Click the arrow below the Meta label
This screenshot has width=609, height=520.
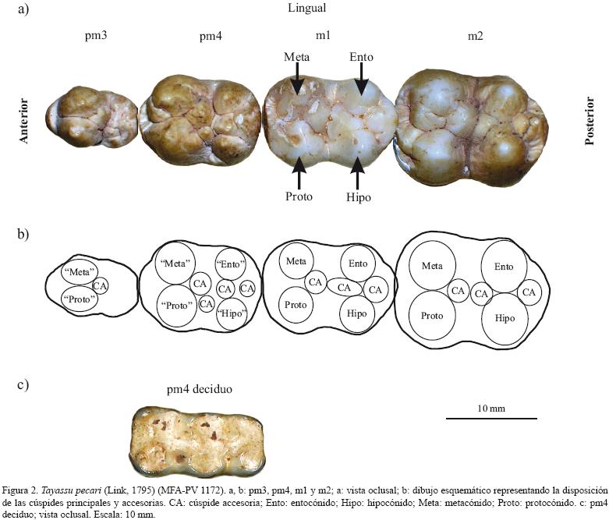(297, 80)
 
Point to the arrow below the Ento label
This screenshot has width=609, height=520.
(360, 80)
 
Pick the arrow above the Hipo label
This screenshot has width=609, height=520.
(358, 172)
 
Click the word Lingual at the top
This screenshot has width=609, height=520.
(306, 9)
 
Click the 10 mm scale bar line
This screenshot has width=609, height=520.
(491, 419)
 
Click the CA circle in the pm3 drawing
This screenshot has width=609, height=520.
(100, 285)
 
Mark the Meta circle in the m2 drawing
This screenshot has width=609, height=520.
(432, 266)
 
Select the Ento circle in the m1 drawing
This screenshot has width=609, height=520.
(358, 264)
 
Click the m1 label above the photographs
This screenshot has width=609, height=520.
(323, 37)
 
